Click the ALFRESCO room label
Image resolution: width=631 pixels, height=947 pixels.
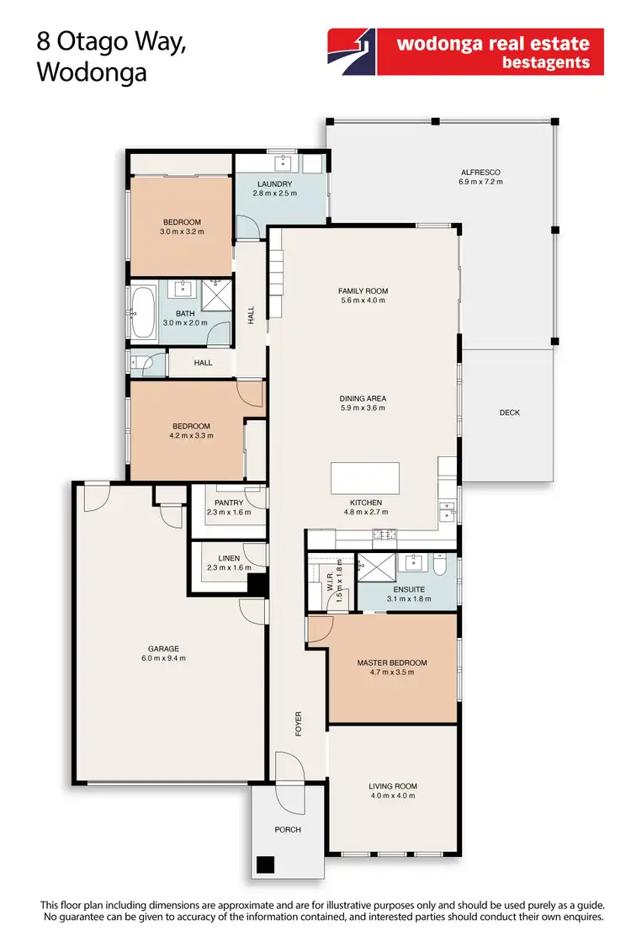click(480, 172)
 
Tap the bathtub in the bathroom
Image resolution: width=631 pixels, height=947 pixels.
click(141, 313)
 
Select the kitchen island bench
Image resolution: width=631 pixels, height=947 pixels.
click(366, 479)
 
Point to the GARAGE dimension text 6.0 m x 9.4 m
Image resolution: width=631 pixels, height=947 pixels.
click(163, 658)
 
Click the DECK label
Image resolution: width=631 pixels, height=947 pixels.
click(509, 412)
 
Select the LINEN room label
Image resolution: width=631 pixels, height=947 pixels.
click(228, 558)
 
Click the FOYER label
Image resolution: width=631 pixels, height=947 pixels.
click(298, 723)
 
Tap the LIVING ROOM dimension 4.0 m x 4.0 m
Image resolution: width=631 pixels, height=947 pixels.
click(392, 795)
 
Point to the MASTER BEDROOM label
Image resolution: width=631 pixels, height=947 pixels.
click(391, 662)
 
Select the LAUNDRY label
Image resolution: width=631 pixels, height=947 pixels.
click(275, 184)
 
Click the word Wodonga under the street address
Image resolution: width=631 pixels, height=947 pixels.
click(93, 72)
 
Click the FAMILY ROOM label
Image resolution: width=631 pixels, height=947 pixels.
click(363, 291)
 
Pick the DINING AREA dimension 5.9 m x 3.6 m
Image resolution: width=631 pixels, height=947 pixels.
click(363, 408)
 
